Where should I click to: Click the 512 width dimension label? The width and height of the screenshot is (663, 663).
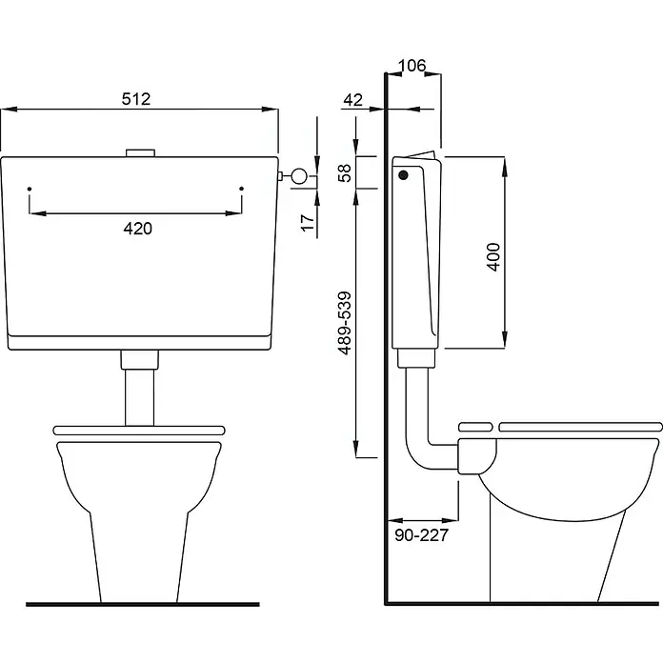tap(135, 99)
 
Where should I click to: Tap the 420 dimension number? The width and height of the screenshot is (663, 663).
tap(138, 229)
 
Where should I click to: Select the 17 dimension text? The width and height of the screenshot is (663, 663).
tap(308, 223)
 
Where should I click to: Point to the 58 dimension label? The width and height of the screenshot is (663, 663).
tap(345, 173)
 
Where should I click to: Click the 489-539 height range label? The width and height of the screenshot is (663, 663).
tap(345, 323)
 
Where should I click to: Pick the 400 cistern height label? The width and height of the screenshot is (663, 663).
tap(493, 256)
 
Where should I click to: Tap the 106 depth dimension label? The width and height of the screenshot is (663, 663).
tap(412, 66)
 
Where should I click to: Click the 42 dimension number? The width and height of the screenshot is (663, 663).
tap(353, 100)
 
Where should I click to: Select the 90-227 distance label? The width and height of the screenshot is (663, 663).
tap(421, 535)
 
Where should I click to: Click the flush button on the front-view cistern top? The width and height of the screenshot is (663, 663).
tap(141, 153)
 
